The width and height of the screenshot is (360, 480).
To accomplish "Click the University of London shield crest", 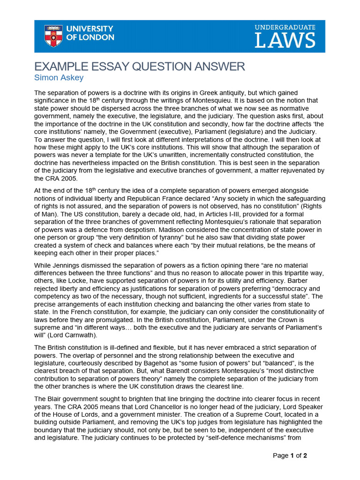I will [53, 36].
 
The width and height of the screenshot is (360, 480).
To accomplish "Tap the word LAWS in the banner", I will [285, 40].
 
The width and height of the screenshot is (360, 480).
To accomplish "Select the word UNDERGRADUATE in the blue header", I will [285, 27].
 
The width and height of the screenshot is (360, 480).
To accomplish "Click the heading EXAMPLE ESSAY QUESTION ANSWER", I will [140, 67].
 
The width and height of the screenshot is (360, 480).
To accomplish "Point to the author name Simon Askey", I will [59, 77].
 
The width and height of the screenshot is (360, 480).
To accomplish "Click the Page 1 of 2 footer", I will [290, 455].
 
